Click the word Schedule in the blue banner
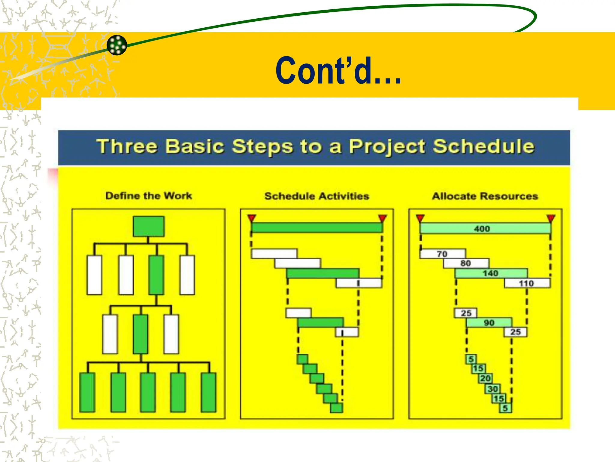[483, 146]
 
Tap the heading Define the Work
[149, 196]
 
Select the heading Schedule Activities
[317, 196]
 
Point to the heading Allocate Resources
[485, 196]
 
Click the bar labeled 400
[485, 229]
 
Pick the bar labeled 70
[442, 254]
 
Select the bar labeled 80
[466, 263]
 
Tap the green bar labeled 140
[491, 273]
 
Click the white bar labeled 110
[527, 283]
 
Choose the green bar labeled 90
[489, 322]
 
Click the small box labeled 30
[493, 389]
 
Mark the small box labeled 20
[486, 378]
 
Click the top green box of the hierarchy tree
[149, 226]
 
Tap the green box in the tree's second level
[156, 275]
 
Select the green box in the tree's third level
[141, 334]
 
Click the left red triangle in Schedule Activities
[252, 218]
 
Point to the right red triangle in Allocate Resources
[551, 218]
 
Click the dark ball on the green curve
[117, 45]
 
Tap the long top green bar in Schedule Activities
[317, 228]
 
